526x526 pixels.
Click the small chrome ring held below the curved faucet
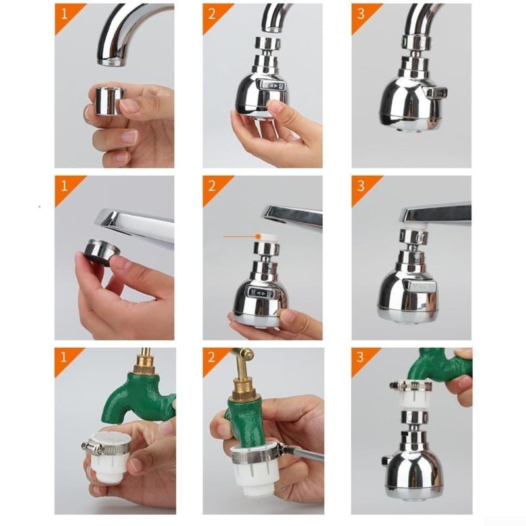click(x=110, y=101)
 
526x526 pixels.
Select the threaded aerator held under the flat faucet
click(x=101, y=252)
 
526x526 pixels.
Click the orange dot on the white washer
click(x=258, y=237)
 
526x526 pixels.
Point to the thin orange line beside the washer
click(x=239, y=237)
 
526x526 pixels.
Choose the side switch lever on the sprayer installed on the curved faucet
click(x=436, y=92)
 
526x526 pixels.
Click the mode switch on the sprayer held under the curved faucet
click(x=271, y=85)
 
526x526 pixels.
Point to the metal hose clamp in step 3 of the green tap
click(x=410, y=386)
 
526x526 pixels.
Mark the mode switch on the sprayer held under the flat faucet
click(x=262, y=293)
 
